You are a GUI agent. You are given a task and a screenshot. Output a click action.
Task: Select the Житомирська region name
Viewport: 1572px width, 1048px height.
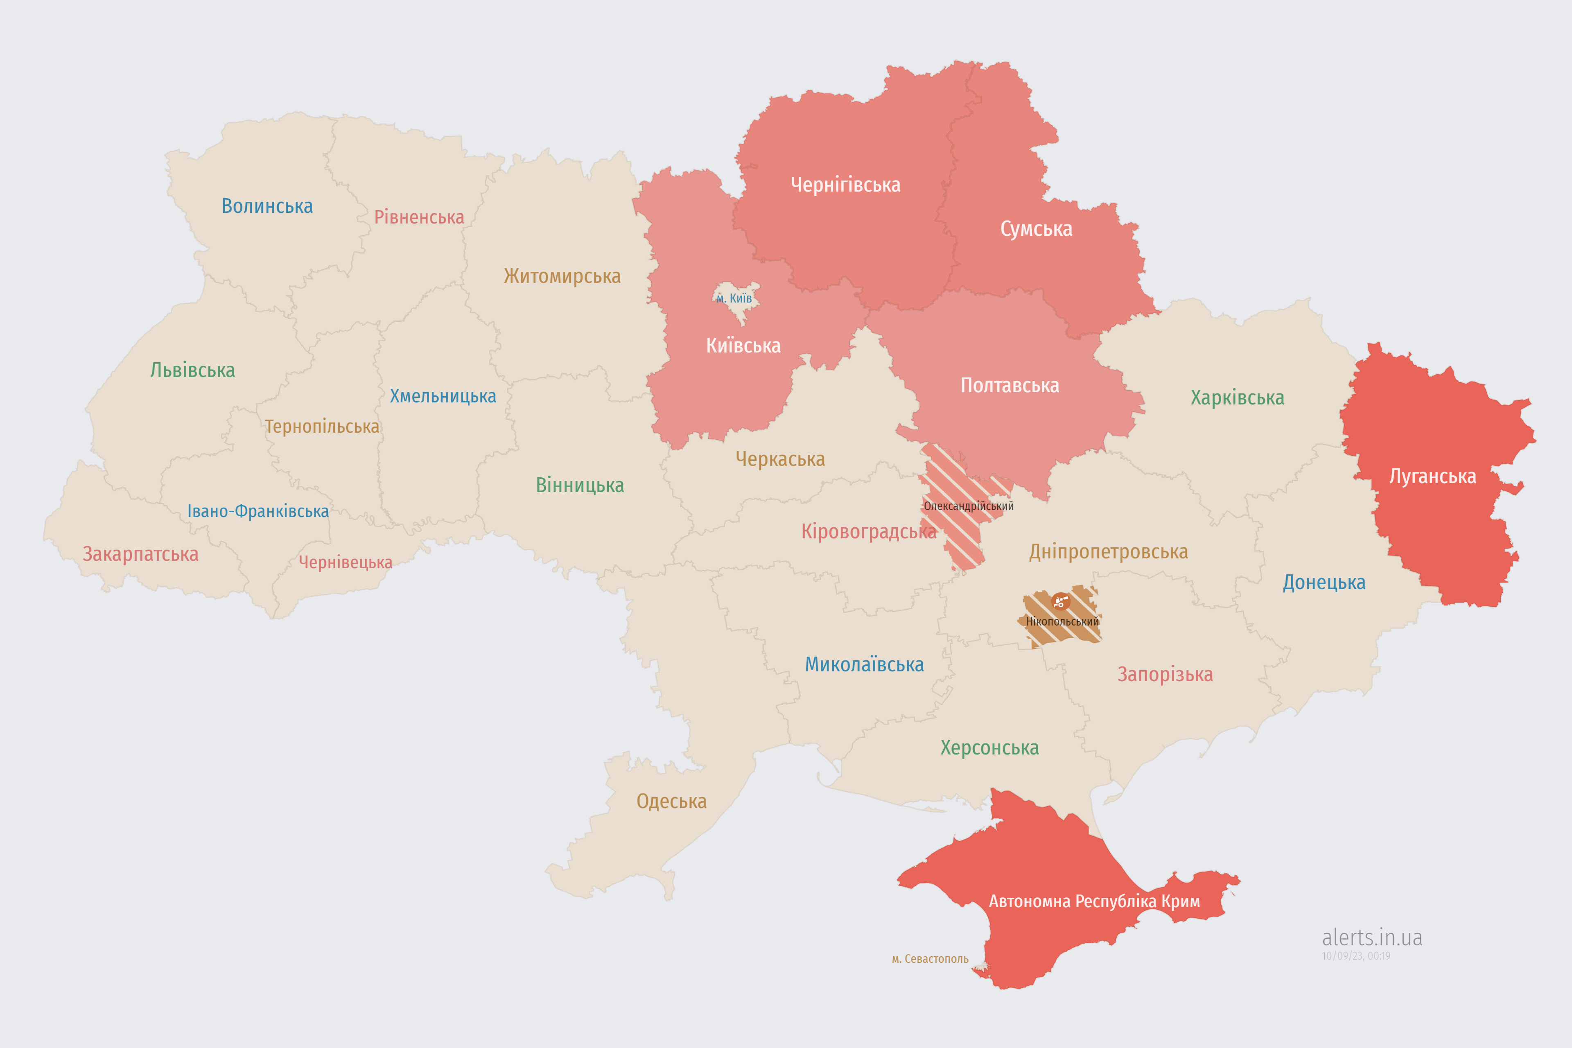coord(562,276)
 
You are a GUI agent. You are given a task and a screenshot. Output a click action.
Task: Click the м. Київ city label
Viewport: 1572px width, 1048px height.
coord(734,298)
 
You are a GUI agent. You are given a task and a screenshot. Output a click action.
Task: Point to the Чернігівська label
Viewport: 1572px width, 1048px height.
coord(845,185)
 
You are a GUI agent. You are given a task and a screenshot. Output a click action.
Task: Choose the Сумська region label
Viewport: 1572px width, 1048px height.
coord(1036,228)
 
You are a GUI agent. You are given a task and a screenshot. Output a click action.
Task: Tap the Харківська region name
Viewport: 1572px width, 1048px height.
coord(1237,398)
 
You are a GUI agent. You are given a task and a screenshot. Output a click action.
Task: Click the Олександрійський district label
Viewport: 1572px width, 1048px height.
coord(969,506)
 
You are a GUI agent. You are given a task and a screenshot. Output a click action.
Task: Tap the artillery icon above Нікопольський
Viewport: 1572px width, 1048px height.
coord(1060,601)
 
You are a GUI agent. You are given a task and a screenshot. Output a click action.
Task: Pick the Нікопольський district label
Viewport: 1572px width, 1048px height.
coord(1062,621)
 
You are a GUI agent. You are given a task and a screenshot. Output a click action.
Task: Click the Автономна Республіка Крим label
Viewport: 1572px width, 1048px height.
coord(1094,901)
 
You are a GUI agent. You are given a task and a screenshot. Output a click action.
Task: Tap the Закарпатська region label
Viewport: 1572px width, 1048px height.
coord(140,554)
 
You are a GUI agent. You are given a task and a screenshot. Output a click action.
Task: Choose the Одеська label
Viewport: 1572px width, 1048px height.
coord(671,801)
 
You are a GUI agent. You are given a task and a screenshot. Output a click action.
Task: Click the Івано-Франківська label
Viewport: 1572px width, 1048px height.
coord(258,511)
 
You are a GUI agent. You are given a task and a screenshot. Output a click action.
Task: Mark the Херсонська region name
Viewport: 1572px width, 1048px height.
coord(989,747)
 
